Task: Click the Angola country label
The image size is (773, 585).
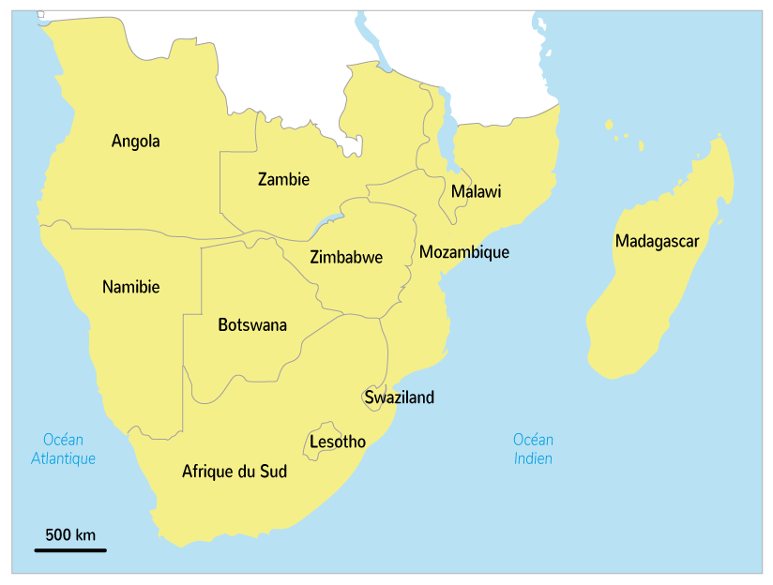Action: (x=135, y=142)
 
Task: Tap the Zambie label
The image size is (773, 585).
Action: (x=283, y=179)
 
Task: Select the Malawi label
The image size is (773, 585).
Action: (x=476, y=192)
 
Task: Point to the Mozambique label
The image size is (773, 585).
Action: (x=463, y=252)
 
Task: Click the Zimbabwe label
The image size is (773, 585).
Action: (x=345, y=258)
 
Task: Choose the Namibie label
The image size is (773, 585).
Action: (x=130, y=287)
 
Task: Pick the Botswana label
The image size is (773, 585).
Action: (x=251, y=325)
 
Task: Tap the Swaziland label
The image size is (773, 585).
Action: (x=400, y=397)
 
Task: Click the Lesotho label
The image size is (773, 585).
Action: (x=338, y=442)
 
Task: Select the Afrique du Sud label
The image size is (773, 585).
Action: (x=234, y=472)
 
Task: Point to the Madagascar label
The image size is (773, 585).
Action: (x=657, y=242)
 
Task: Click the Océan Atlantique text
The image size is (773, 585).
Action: (x=63, y=449)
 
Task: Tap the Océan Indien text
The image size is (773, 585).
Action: (x=532, y=449)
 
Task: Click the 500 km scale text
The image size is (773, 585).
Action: (x=70, y=535)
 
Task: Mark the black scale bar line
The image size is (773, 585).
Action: (x=70, y=549)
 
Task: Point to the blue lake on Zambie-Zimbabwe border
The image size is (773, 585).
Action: (x=329, y=220)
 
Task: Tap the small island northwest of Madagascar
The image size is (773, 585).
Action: (x=609, y=124)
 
